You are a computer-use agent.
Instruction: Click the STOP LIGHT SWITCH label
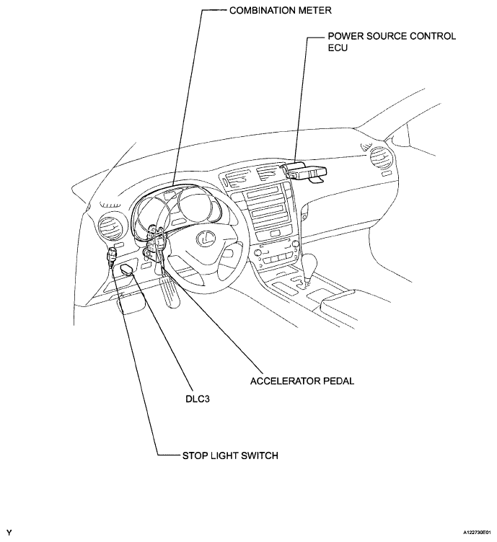228,456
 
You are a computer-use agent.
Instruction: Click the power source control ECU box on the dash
307,172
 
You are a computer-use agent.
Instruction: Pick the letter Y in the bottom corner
9,532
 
